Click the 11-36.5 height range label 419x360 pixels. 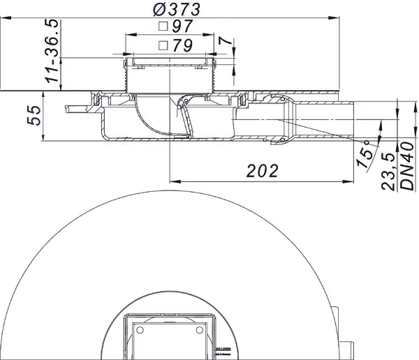pos(51,53)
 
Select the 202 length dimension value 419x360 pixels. pos(262,170)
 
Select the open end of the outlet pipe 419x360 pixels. pos(354,120)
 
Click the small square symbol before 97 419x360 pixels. pos(163,28)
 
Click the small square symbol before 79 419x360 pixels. pos(163,46)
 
